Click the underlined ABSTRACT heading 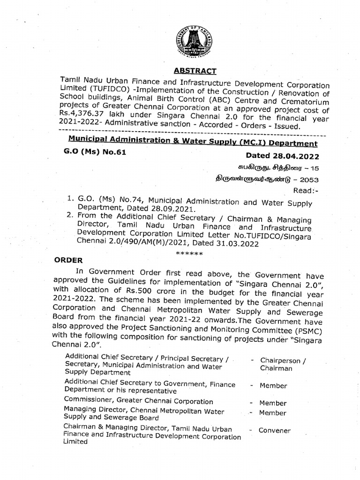tap(195, 71)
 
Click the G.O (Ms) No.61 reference tap(94, 152)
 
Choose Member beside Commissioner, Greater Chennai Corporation tap(273, 403)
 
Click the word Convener tap(275, 430)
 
